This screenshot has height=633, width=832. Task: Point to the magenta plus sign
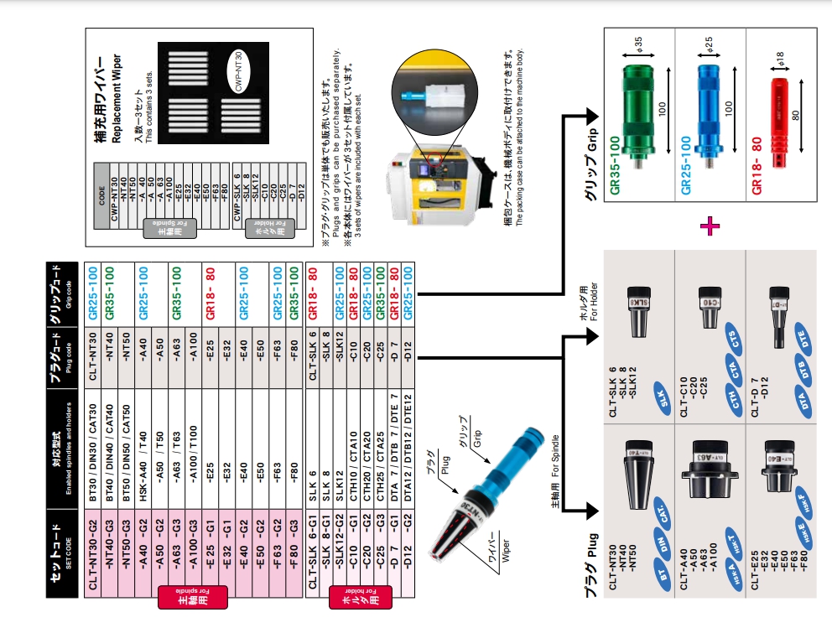point(712,224)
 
